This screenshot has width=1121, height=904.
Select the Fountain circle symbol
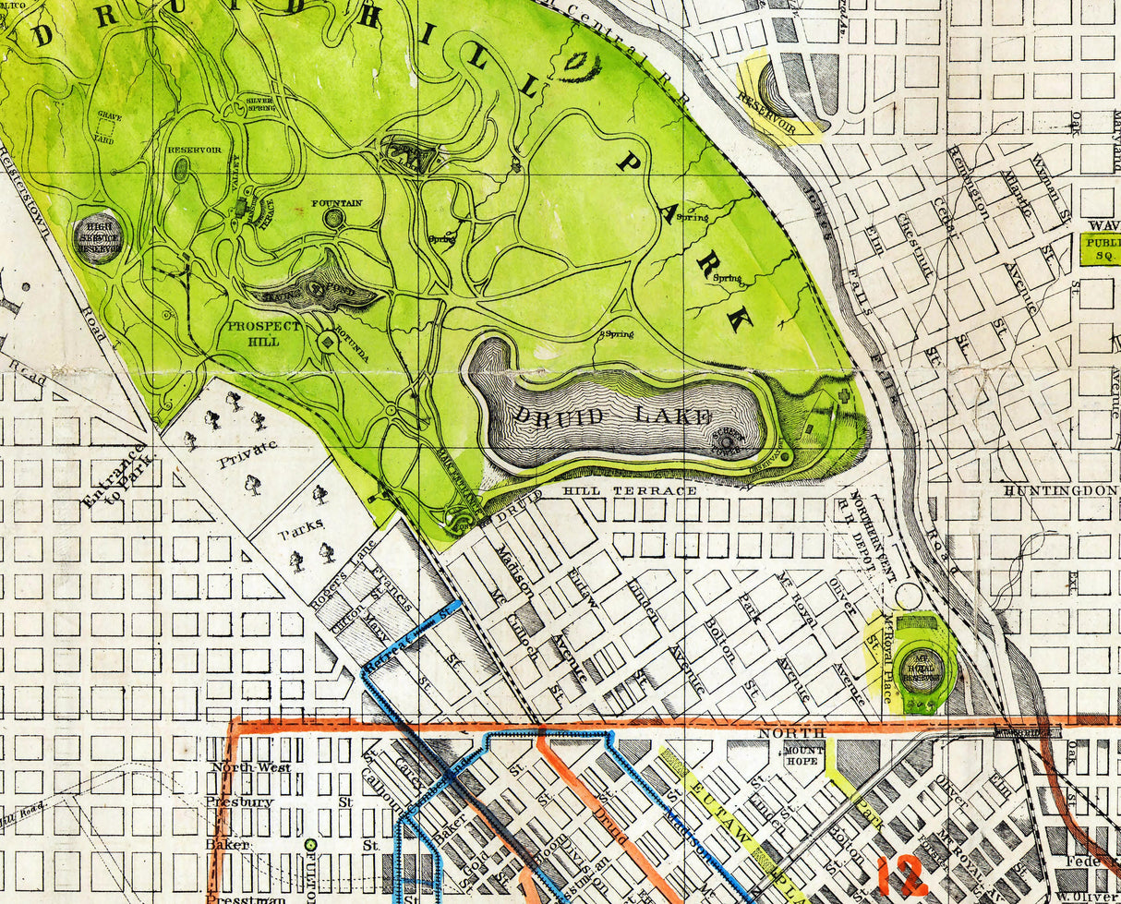[333, 219]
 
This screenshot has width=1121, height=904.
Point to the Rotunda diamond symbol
[328, 342]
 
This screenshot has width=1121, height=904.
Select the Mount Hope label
[804, 756]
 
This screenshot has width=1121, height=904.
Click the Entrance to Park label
[115, 476]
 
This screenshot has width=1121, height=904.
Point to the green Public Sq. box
[1099, 249]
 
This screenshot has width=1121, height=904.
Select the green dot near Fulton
[311, 844]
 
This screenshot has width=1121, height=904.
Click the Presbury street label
[239, 802]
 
